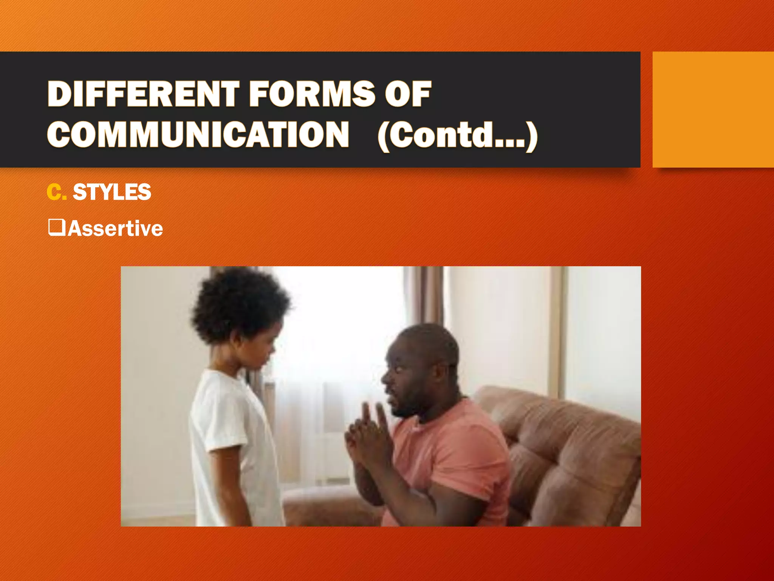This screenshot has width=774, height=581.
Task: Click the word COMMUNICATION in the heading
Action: coord(198,135)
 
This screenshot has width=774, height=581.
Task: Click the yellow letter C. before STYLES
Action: coord(56,192)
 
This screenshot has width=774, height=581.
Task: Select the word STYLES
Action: coord(112,192)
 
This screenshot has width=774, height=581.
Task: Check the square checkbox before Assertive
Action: coord(57,227)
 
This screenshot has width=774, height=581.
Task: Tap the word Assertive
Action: coord(115,229)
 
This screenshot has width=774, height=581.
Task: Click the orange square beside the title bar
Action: coord(713,109)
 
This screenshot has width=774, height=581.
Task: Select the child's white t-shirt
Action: coord(231,435)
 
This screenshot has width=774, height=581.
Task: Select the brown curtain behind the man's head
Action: coord(423,295)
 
